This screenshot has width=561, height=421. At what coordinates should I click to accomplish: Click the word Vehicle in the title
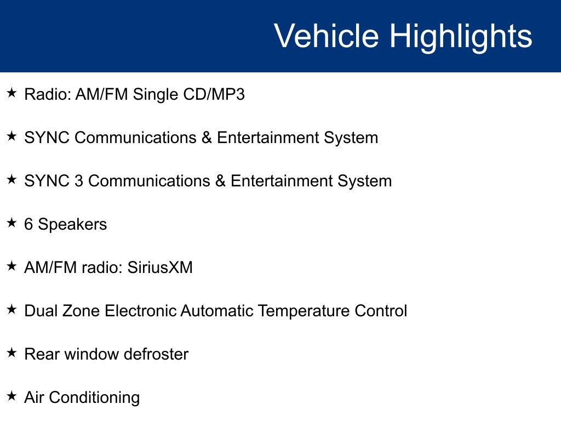[327, 36]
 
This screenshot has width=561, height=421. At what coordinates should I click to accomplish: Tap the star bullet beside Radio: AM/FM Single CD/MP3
[12, 93]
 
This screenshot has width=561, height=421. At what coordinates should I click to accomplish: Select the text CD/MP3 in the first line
[214, 94]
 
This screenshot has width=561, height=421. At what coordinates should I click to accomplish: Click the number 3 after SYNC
[79, 181]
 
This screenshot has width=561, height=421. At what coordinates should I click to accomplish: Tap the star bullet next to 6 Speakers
[12, 223]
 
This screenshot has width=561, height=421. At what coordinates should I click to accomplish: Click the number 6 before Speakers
[28, 224]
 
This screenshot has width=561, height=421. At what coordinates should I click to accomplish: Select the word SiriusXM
[160, 268]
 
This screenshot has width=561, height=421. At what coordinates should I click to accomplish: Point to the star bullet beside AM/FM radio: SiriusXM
[12, 266]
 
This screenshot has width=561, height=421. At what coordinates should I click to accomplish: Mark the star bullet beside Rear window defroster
[12, 353]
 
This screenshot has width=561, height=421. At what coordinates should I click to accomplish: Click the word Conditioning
[94, 399]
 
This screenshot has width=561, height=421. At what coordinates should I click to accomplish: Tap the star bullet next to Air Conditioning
[12, 396]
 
